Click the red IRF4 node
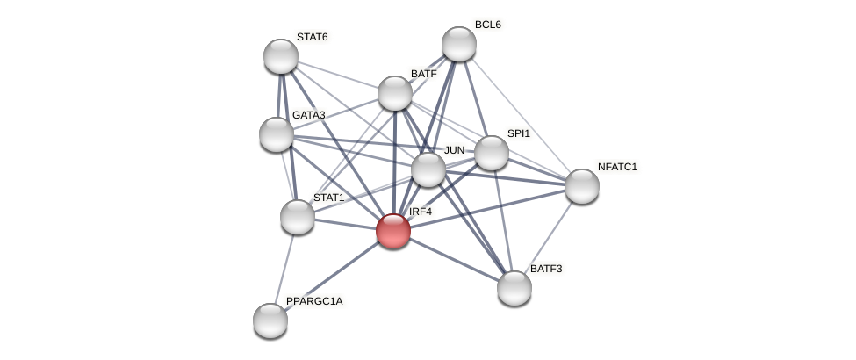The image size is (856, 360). click(x=392, y=231)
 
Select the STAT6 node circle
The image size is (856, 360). click(x=281, y=56)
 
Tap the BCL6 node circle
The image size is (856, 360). click(x=458, y=44)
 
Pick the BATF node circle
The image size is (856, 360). click(x=395, y=93)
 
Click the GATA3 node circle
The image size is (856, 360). click(x=277, y=134)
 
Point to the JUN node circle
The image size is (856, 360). click(x=428, y=169)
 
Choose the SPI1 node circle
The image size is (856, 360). click(x=492, y=153)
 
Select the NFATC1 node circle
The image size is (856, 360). click(x=582, y=186)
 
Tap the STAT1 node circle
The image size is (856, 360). click(x=298, y=217)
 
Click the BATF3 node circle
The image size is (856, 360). click(x=514, y=288)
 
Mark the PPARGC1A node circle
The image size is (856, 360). click(x=270, y=320)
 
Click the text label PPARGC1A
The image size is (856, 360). click(x=314, y=301)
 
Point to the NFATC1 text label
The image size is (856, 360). click(x=617, y=167)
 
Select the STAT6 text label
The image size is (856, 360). click(x=312, y=37)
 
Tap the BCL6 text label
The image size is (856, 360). click(x=487, y=25)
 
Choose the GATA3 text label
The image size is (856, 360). click(x=308, y=115)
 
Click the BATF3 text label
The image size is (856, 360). click(x=545, y=269)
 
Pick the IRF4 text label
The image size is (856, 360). click(x=421, y=212)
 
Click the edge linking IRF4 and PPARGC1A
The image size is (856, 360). click(x=332, y=276)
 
